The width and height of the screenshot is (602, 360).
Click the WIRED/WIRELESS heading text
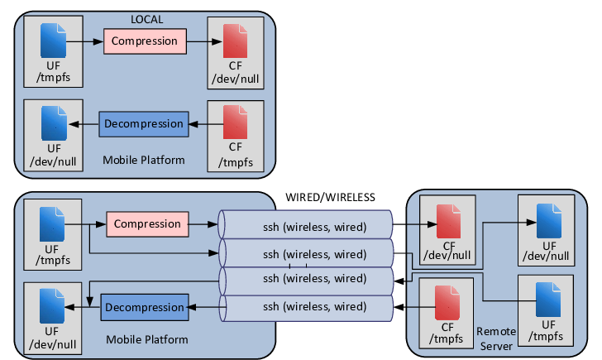click(x=331, y=197)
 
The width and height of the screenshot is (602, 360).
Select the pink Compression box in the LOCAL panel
click(x=145, y=41)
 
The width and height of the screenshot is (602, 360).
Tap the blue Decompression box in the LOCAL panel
click(x=144, y=125)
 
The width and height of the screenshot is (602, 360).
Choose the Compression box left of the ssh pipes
click(x=147, y=223)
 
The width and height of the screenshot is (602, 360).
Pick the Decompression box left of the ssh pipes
click(x=145, y=307)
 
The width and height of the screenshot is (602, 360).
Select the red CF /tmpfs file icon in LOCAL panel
click(x=236, y=123)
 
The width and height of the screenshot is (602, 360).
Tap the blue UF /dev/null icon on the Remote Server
click(x=546, y=218)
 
